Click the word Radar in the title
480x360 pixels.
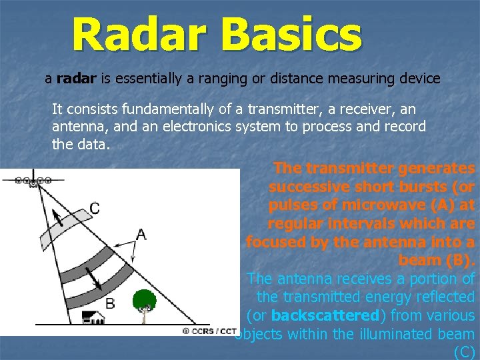pyautogui.click(x=129, y=35)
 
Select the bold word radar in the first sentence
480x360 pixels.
pyautogui.click(x=77, y=79)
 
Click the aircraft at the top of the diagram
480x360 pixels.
pyautogui.click(x=33, y=181)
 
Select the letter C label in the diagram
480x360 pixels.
pyautogui.click(x=95, y=209)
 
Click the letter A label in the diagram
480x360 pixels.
pyautogui.click(x=141, y=234)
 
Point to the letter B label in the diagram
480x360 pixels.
pyautogui.click(x=110, y=304)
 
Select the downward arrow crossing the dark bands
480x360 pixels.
pyautogui.click(x=94, y=279)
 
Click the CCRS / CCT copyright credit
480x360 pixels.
pyautogui.click(x=209, y=331)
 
